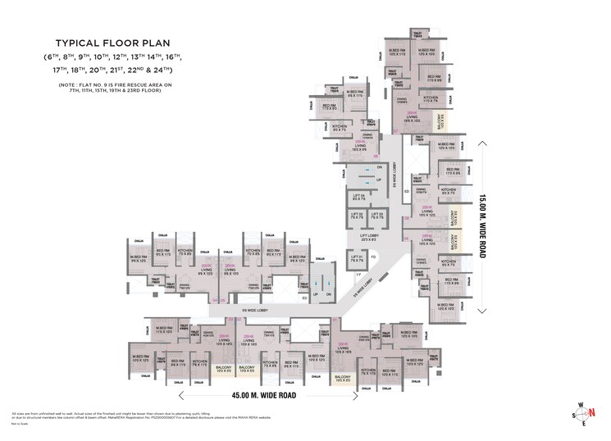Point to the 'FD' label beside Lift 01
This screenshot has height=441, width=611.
click(373, 257)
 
